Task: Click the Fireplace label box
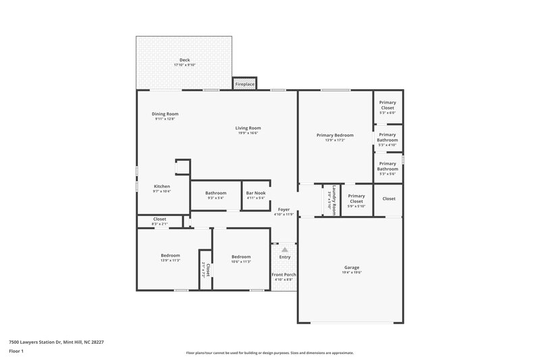pyautogui.click(x=244, y=84)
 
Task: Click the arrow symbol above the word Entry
pyautogui.click(x=284, y=250)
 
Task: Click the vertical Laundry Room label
pyautogui.click(x=331, y=200)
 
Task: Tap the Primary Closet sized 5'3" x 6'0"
pyautogui.click(x=387, y=107)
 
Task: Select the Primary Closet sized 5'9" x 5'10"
pyautogui.click(x=356, y=201)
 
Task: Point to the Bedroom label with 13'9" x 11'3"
pyautogui.click(x=170, y=257)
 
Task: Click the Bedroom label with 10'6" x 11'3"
pyautogui.click(x=241, y=259)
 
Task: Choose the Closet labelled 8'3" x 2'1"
pyautogui.click(x=159, y=221)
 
